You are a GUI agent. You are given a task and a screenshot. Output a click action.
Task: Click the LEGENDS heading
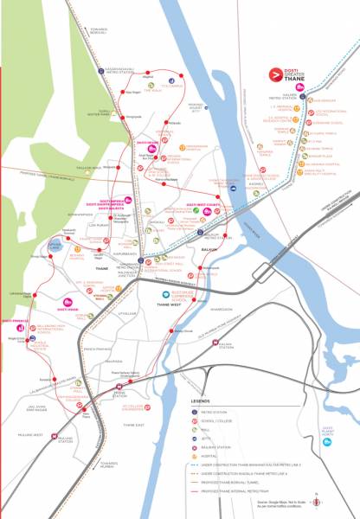tap(203, 402)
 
